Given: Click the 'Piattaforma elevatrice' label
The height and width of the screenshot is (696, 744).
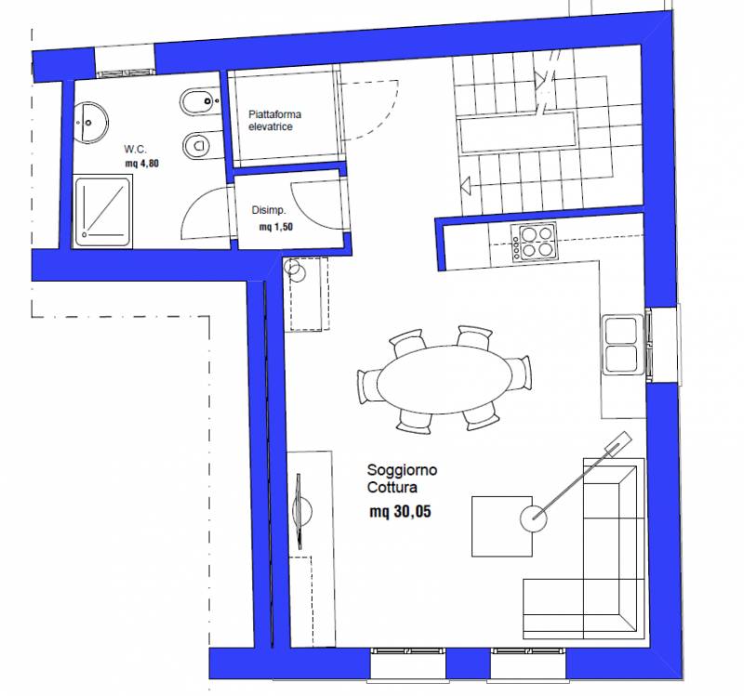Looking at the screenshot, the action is (274, 121).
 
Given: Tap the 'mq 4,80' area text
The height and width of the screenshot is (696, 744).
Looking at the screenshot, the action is (142, 164).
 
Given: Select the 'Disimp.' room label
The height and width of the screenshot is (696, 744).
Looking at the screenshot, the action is (269, 210).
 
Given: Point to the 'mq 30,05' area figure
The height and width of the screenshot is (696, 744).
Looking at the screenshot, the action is (400, 512).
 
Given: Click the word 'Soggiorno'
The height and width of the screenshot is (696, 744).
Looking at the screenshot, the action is (402, 470).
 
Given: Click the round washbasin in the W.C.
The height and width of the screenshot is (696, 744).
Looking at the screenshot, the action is (90, 122).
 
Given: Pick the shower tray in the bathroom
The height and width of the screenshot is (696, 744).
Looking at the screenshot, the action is (102, 212).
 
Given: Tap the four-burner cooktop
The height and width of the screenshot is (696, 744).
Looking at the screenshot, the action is (534, 242).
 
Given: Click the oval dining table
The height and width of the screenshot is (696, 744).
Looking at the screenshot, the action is (445, 379).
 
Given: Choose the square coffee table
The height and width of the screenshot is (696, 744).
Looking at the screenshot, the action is (502, 526).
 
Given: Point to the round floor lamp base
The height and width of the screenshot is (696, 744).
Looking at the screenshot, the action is (533, 518).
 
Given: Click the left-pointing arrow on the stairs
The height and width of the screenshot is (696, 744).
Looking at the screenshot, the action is (466, 184).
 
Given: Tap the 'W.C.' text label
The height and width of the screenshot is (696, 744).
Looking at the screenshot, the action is (135, 150).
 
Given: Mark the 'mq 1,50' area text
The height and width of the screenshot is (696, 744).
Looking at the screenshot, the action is (276, 227).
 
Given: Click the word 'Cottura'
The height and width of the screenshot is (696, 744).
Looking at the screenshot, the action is (392, 488).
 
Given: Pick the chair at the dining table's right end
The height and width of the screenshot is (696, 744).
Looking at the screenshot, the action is (521, 373).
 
